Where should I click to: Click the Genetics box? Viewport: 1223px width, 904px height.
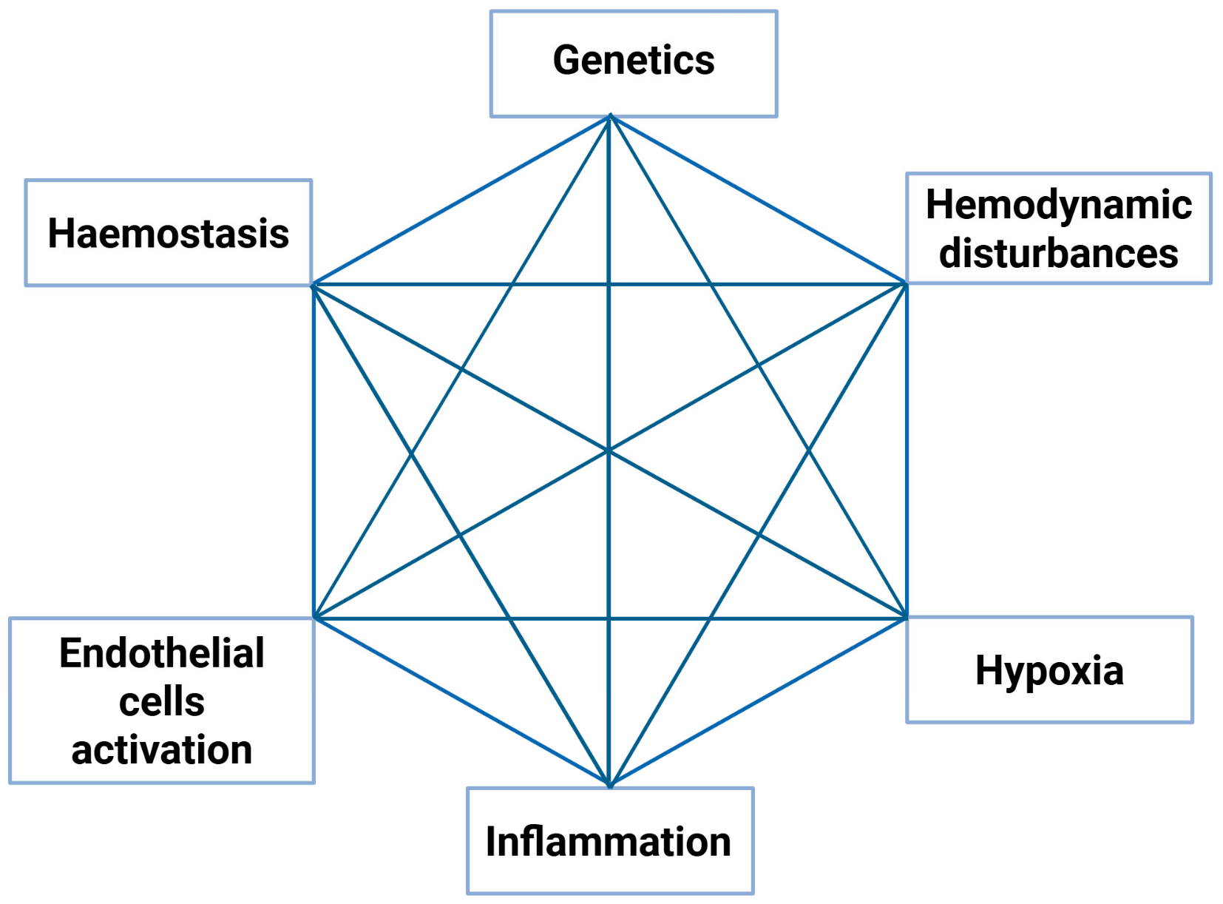(x=634, y=63)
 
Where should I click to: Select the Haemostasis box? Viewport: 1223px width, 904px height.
(x=168, y=232)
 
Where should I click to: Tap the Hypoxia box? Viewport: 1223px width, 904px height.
(x=1049, y=669)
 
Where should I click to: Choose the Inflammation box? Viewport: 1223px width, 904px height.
(x=609, y=840)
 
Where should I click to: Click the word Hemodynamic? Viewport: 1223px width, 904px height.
(x=1058, y=205)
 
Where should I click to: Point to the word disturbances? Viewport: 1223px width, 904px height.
(x=1058, y=253)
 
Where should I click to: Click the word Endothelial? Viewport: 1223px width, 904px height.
(x=161, y=653)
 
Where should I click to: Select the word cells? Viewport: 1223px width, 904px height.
(x=161, y=701)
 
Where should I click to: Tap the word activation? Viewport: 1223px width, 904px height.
(x=161, y=749)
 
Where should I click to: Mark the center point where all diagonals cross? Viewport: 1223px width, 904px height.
(x=609, y=451)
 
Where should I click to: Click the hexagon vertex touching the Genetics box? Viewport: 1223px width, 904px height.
(x=610, y=116)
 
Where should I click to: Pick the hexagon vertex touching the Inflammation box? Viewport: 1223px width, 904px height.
(x=609, y=785)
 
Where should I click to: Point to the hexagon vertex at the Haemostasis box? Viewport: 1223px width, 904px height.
(x=314, y=284)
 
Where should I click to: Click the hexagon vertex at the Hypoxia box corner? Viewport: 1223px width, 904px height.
(x=906, y=617)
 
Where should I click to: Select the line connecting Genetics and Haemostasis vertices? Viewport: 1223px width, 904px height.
(x=462, y=200)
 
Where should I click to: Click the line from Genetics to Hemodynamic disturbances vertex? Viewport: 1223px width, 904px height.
(x=758, y=200)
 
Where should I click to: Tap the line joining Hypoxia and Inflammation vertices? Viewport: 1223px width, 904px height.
(x=758, y=701)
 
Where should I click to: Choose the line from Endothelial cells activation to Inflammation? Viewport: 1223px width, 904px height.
(x=462, y=701)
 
